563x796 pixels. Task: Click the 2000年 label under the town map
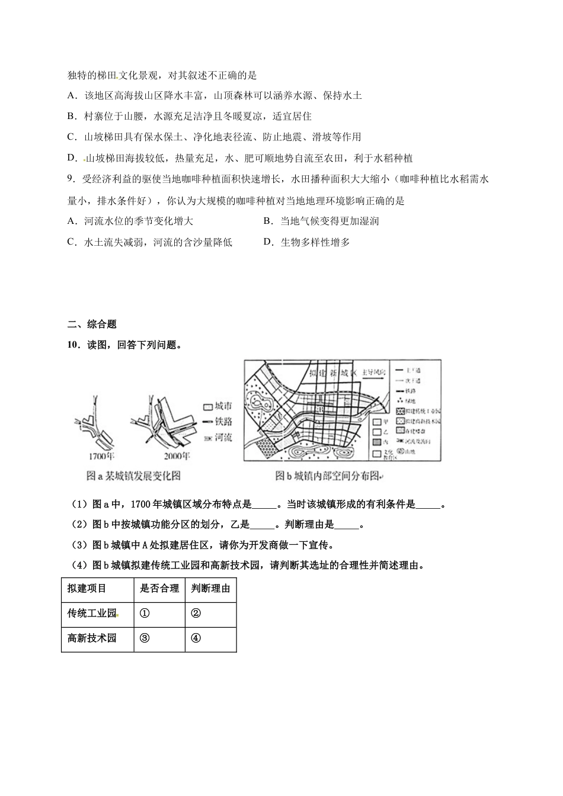pos(177,457)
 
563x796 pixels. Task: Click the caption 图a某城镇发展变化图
pos(133,476)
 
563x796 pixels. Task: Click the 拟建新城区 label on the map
pos(332,373)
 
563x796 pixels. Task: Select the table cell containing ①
pos(145,614)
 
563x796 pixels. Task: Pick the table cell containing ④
pos(196,638)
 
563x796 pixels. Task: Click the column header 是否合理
pos(159,589)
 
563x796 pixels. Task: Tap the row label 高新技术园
pos(92,638)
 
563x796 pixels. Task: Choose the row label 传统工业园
pos(92,614)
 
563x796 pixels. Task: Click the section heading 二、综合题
pos(92,324)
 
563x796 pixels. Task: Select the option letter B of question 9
pos(267,222)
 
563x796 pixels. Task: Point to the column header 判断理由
pos(211,589)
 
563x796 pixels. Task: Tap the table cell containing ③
pos(145,638)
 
